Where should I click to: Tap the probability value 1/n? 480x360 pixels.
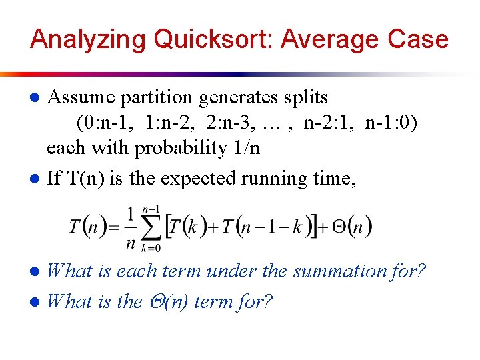244,147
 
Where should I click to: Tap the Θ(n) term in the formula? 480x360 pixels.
351,226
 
